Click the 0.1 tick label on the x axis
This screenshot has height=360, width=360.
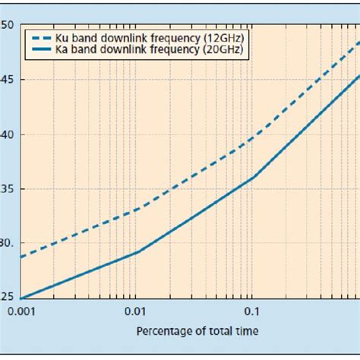coord(251,311)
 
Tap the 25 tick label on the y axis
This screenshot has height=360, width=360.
coord(7,298)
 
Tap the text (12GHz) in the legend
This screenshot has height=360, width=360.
coord(226,36)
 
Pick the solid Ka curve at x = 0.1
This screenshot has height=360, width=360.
coord(252,178)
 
